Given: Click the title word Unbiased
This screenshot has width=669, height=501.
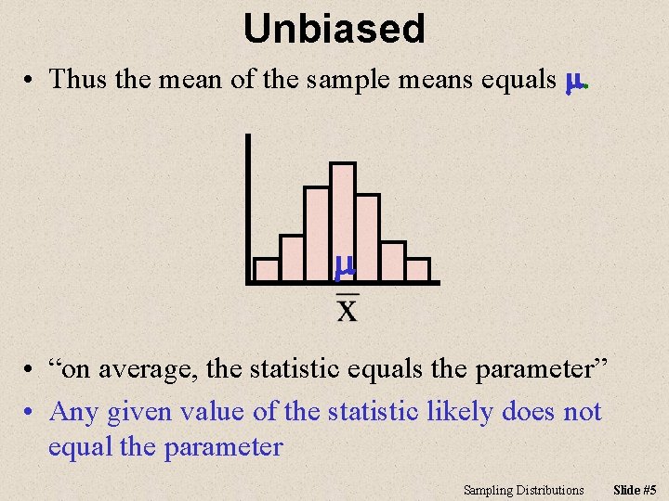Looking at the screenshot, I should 334,30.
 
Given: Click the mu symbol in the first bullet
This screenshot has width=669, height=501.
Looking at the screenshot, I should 574,82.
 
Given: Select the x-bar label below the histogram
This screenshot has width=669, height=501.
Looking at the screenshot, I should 346,306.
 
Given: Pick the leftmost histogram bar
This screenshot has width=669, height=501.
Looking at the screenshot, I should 267,269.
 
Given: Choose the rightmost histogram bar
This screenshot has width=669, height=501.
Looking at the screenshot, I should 418,269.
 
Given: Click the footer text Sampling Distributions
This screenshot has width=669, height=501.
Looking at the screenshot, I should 524,489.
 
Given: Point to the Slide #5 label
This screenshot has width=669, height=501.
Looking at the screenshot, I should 636,489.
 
